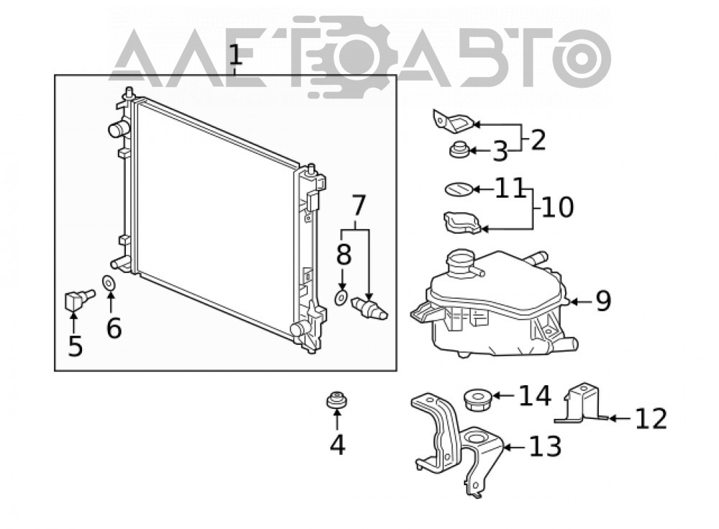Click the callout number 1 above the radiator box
point(235,55)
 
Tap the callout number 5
point(75,346)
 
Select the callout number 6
point(114,328)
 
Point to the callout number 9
point(603,301)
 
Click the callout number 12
point(651,418)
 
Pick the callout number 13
point(545,446)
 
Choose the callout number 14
point(535,395)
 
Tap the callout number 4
point(337,444)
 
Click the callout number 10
point(558,207)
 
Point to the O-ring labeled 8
point(341,298)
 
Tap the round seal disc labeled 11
point(459,189)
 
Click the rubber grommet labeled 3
point(458,150)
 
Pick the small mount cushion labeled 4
point(336,400)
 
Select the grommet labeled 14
point(477,400)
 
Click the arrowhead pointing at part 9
point(572,302)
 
